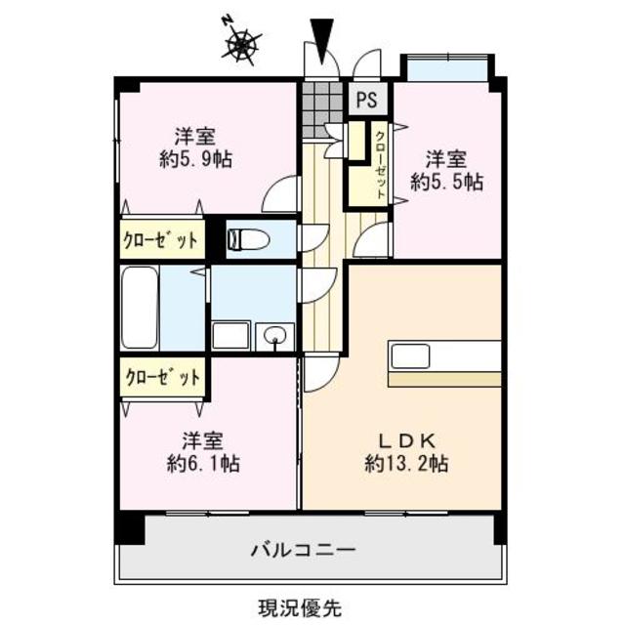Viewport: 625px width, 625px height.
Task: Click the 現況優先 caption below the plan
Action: [300, 606]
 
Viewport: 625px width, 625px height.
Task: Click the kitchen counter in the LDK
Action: [445, 357]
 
